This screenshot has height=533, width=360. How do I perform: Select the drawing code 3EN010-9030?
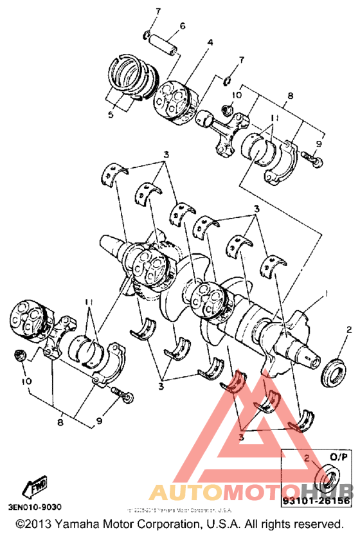[31, 507]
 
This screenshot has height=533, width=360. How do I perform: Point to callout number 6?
[182, 26]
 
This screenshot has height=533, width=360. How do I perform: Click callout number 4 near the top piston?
[209, 43]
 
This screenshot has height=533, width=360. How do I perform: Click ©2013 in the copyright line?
[30, 524]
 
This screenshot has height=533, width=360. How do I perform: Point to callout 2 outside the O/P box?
[349, 330]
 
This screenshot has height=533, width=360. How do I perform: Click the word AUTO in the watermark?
[183, 492]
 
